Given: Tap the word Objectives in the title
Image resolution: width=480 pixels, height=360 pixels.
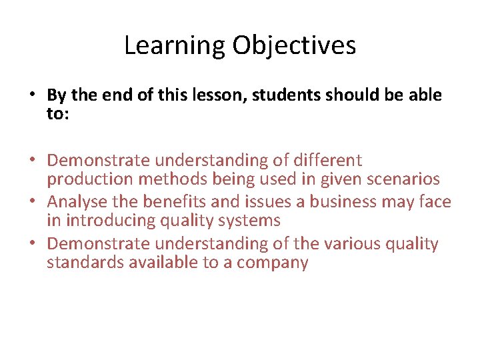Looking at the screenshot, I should [x=294, y=46].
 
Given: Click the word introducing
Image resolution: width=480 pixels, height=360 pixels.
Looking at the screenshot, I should [x=111, y=220].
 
